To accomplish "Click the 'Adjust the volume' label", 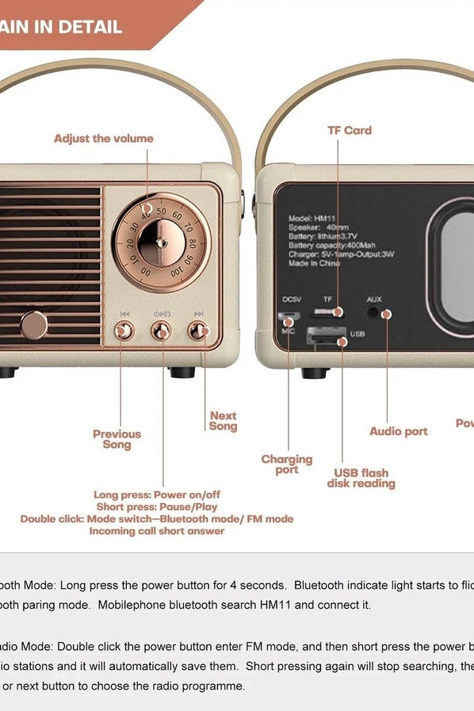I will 103,139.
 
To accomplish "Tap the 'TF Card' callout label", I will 350,131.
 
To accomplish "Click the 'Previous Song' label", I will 117,439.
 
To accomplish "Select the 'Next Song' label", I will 223,421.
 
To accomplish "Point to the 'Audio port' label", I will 398,431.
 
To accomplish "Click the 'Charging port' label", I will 287,464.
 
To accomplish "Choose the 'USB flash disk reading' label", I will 361,478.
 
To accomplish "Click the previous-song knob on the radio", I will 124,331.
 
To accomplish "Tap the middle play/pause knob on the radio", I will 162,331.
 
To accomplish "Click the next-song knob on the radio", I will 198,331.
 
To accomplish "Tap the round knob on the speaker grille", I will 34,324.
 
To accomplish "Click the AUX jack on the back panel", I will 386,314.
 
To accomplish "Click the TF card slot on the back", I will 328,313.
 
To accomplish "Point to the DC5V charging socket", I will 289,316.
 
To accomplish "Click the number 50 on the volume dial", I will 162,211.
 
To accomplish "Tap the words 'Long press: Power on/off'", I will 157,495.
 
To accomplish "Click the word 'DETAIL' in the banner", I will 89,27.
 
